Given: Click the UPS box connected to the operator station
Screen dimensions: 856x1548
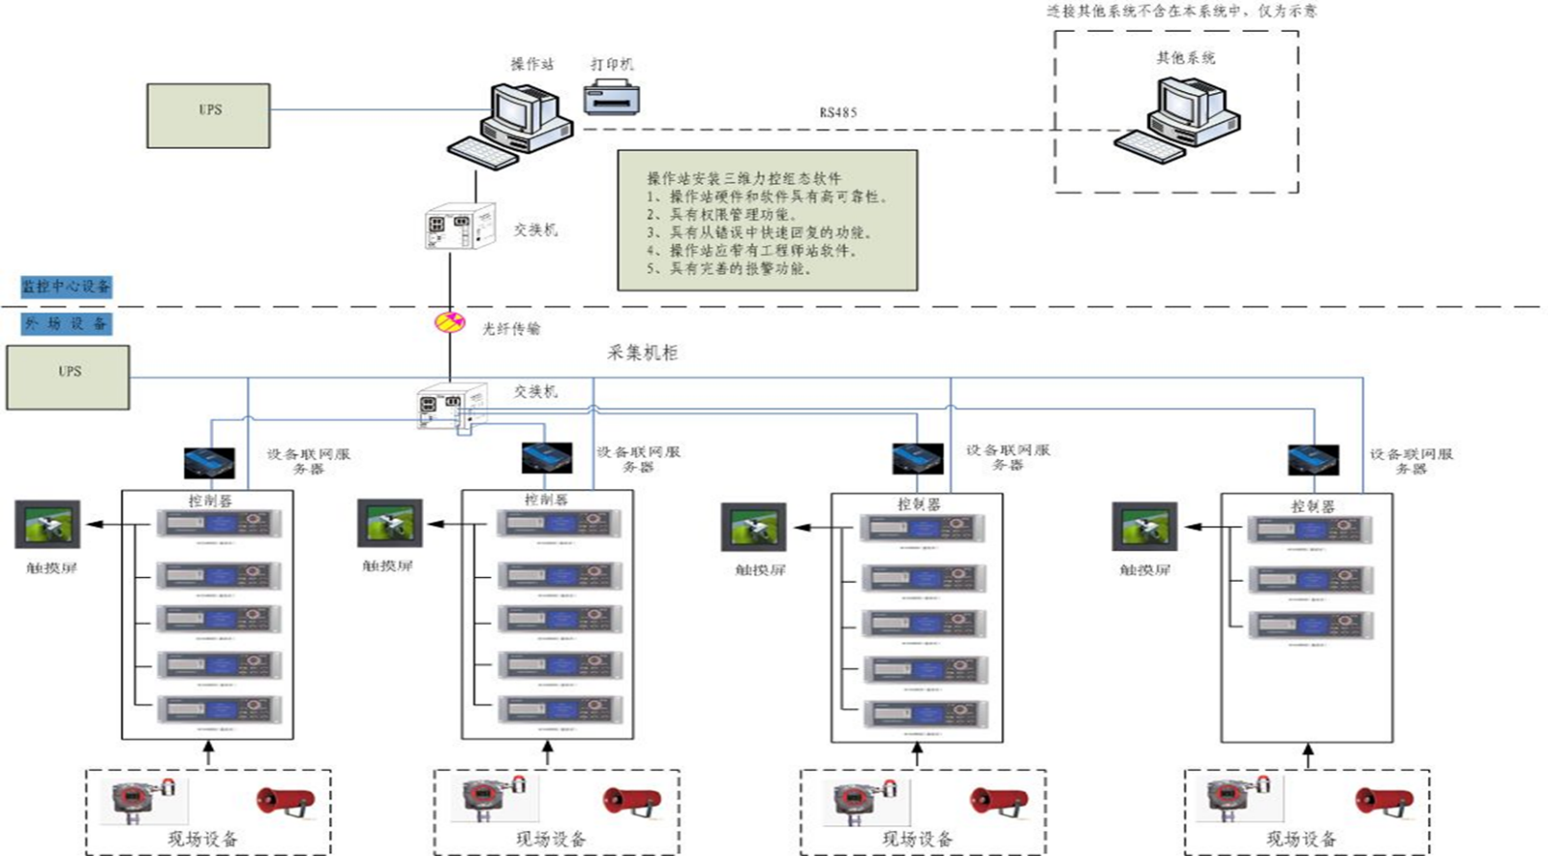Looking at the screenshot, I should pos(208,115).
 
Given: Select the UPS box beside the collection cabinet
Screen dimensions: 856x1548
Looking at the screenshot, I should pos(68,377).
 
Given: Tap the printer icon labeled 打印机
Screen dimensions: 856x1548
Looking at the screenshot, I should pos(612,98).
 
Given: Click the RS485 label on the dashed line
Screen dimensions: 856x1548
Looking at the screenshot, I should pos(837,112).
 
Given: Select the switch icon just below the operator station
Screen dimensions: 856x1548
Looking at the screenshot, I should pos(459,226).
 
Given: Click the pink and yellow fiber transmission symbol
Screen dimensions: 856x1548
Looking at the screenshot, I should pos(450,322).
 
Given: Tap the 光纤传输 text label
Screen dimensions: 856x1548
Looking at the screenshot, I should pos(511,329).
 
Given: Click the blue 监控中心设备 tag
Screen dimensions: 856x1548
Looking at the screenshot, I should pos(66,286).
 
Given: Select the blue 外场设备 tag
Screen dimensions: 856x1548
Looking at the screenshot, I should pos(66,324).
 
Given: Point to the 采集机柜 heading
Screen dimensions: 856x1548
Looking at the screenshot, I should pos(643,353).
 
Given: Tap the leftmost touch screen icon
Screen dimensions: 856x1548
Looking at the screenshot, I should pos(47,524).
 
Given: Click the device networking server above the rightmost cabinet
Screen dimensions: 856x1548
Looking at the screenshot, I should pos(1313,459).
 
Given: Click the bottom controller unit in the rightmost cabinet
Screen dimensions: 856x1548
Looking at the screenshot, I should pos(1310,626).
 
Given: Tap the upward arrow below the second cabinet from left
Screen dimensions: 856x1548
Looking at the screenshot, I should pos(548,753).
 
